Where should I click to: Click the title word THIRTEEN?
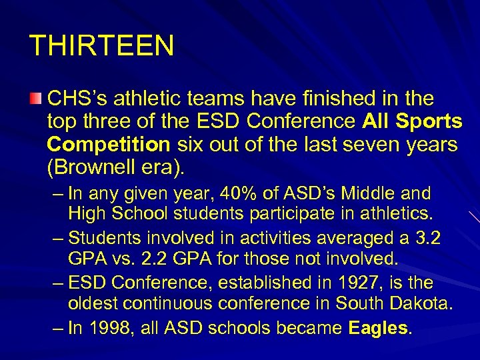click(x=102, y=46)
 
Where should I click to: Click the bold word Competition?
click(x=109, y=145)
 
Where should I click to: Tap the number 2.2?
click(x=147, y=259)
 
